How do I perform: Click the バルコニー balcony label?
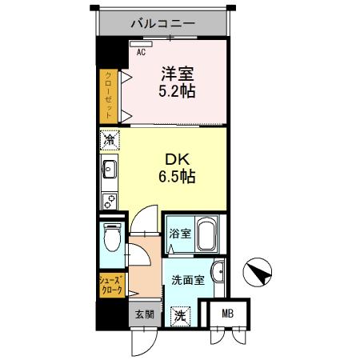coord(163,23)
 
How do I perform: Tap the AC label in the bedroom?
coord(141,52)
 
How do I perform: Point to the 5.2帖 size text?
coord(177,91)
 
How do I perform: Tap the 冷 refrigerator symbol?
coord(109,142)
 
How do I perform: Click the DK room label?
coord(175,158)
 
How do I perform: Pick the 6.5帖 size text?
coord(175,175)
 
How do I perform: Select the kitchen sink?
coord(109,170)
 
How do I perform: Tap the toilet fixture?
coord(111,238)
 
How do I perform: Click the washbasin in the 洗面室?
coord(217,270)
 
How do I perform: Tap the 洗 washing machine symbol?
coord(182,314)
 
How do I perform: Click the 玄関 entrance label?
coord(142,314)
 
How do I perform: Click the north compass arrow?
coord(258,273)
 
